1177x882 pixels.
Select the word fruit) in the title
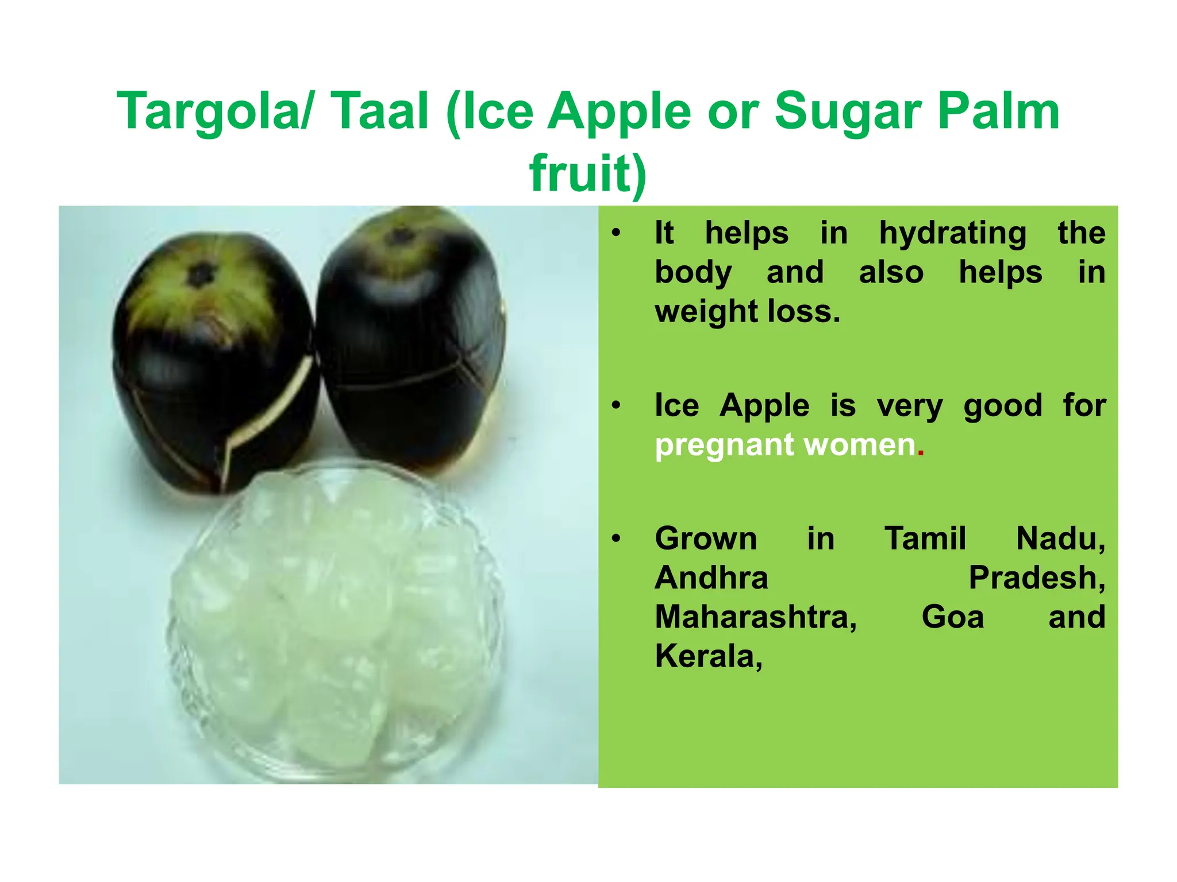pyautogui.click(x=588, y=173)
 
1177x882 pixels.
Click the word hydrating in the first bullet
pyautogui.click(x=952, y=234)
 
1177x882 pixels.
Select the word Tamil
pyautogui.click(x=925, y=539)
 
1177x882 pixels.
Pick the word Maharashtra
pyautogui.click(x=755, y=617)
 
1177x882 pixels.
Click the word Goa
pyautogui.click(x=952, y=617)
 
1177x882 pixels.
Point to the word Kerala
pyautogui.click(x=708, y=656)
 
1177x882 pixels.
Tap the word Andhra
pyautogui.click(x=711, y=578)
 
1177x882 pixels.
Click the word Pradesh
pyautogui.click(x=1036, y=578)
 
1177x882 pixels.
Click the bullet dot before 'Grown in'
pyautogui.click(x=616, y=539)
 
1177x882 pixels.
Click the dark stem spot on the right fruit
pyautogui.click(x=401, y=235)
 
